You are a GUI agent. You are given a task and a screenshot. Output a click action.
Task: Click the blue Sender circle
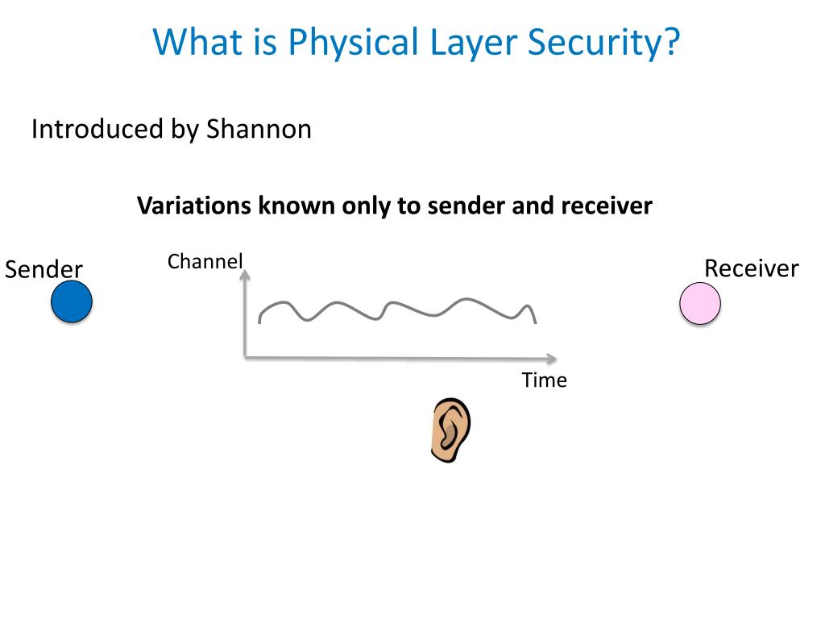point(72,302)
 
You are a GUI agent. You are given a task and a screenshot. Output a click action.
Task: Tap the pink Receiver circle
point(700,304)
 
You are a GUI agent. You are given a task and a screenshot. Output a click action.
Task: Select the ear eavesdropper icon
point(450,430)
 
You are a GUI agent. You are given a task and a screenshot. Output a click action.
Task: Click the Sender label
point(44,269)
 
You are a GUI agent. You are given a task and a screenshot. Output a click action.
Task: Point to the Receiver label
point(751,268)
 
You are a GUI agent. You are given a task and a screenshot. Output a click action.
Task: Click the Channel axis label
point(205,262)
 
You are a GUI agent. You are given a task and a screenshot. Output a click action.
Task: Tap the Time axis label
point(544,380)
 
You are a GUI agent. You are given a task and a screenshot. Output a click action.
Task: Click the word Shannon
point(259,129)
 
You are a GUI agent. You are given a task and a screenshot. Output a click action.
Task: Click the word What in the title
point(197,42)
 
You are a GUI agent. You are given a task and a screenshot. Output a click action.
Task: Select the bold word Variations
point(194,206)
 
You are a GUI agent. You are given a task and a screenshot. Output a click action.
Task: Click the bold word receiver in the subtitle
point(607,206)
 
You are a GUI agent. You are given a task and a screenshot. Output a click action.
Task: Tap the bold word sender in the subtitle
point(465,206)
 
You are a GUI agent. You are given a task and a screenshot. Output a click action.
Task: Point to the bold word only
point(367,206)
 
